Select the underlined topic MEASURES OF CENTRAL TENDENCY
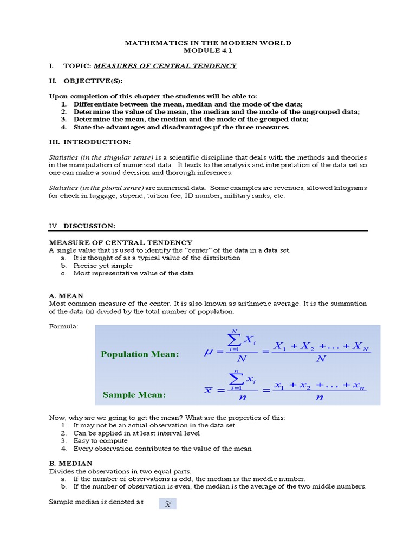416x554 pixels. click(x=165, y=66)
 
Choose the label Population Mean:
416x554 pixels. click(x=139, y=354)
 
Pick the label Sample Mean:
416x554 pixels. click(x=134, y=395)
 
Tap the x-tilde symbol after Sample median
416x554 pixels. click(x=167, y=504)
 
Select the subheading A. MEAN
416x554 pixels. click(x=66, y=296)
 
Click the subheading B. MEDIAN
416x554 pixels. click(x=70, y=463)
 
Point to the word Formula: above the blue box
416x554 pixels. click(x=63, y=327)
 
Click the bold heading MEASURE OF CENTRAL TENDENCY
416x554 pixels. click(x=120, y=242)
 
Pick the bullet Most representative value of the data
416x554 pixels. click(x=133, y=273)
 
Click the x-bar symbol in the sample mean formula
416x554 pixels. click(x=208, y=390)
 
